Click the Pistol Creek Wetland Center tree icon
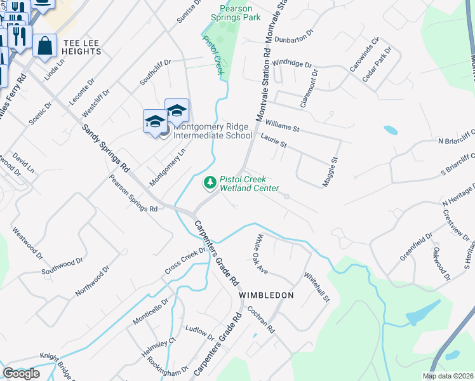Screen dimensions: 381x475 [210, 183]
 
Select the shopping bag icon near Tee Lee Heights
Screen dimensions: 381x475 [44, 46]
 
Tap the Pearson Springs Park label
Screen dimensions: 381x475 [241, 13]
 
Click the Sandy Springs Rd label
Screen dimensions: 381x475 [106, 149]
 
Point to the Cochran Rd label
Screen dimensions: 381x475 [262, 322]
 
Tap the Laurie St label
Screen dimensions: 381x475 [274, 140]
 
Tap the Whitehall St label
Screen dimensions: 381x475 [317, 287]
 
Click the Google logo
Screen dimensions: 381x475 [21, 373]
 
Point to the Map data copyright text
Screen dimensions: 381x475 [448, 376]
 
